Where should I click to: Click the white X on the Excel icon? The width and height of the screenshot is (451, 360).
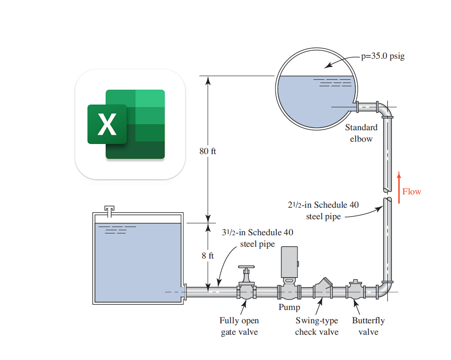click(107, 124)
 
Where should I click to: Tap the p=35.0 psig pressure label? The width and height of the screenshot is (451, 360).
click(383, 56)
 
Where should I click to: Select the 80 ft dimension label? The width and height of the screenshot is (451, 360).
click(208, 151)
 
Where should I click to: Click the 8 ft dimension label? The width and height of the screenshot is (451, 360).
click(208, 255)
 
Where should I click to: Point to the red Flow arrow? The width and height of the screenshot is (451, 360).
click(399, 188)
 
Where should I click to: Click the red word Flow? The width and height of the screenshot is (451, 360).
click(412, 192)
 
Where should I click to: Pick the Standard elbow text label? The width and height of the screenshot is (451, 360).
click(361, 133)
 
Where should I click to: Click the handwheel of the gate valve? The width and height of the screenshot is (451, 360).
click(246, 267)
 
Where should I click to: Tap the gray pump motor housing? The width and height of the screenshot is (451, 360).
click(289, 262)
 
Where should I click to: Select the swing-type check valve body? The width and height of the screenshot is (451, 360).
click(323, 288)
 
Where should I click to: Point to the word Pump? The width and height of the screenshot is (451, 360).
click(289, 307)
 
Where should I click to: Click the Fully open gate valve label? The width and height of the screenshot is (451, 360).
click(239, 326)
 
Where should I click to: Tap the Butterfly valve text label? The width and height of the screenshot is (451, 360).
click(368, 326)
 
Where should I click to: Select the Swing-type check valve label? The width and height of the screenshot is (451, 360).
click(317, 326)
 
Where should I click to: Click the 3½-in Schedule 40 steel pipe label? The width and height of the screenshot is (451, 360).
click(258, 238)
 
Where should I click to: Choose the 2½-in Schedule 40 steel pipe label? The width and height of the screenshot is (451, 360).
click(323, 210)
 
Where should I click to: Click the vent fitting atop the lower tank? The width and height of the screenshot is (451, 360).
click(109, 211)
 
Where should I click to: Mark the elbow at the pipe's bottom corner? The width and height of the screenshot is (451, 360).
click(385, 289)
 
